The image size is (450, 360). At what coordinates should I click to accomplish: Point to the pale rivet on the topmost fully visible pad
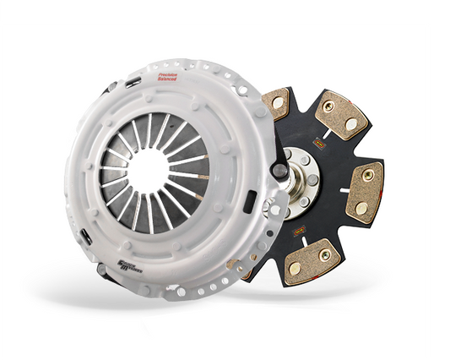(x=350, y=123)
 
